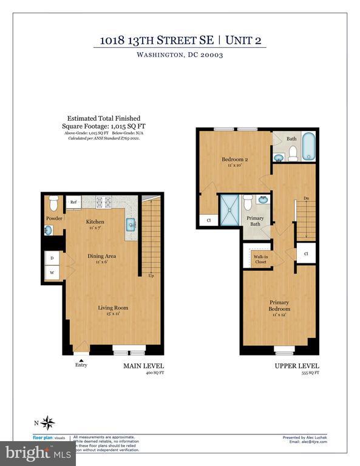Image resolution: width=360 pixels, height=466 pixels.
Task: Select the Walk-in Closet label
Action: pos(260,259)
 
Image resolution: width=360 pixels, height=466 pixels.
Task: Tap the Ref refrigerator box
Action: pos(73,202)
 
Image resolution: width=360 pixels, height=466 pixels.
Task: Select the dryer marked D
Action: pos(52,258)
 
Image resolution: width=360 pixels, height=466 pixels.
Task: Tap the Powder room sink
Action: pos(47,231)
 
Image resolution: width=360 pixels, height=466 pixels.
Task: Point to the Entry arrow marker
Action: pos(81,359)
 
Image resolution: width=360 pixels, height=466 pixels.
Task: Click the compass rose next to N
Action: pos(49,422)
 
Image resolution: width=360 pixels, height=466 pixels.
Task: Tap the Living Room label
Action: pos(114,308)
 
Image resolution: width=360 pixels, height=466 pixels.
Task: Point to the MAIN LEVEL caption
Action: pos(144,366)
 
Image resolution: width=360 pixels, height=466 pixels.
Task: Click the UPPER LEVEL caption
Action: pos(297,366)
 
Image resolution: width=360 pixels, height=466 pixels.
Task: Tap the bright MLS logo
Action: pos(29,451)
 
